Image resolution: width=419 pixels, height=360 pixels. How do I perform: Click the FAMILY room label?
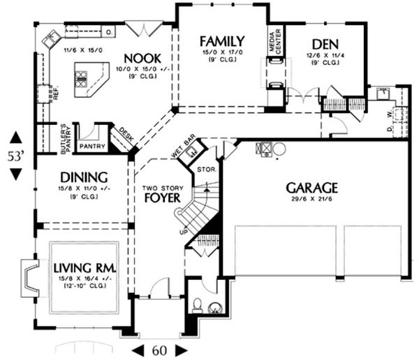click(221, 40)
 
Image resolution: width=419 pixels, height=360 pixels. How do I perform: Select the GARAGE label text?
click(311, 187)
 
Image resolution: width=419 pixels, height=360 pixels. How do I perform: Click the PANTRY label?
click(91, 147)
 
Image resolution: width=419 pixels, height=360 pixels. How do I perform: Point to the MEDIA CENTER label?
click(274, 42)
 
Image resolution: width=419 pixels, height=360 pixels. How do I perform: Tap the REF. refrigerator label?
click(55, 93)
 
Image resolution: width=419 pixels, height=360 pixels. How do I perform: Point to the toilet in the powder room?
click(198, 305)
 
